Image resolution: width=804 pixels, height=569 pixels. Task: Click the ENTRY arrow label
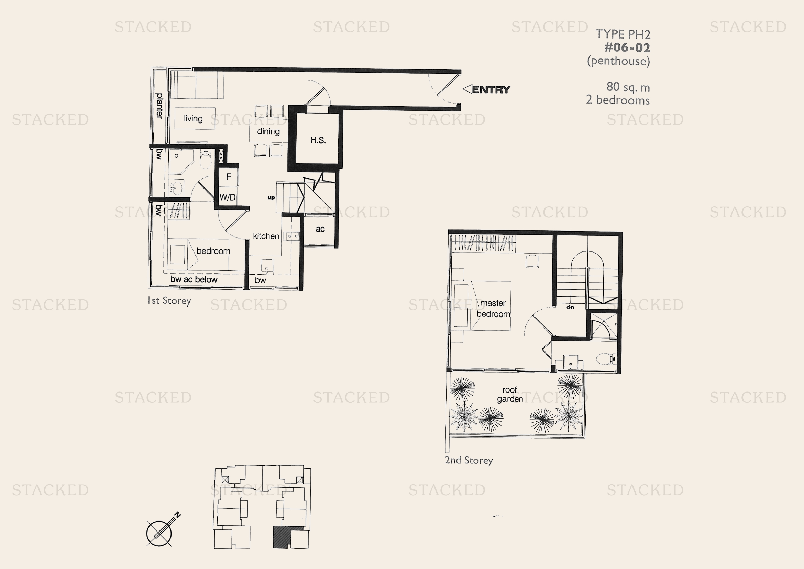(x=487, y=90)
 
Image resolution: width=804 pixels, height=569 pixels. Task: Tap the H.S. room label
(x=318, y=140)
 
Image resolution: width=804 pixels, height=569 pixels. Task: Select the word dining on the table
(x=268, y=131)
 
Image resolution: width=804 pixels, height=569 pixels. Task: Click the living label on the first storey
(x=193, y=118)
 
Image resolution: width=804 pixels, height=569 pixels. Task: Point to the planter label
(x=159, y=106)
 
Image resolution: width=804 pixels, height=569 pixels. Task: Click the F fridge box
(x=229, y=176)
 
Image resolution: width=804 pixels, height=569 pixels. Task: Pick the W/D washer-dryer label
(x=228, y=197)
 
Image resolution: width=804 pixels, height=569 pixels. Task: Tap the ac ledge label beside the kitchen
(x=320, y=229)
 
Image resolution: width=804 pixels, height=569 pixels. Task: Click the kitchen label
(x=266, y=236)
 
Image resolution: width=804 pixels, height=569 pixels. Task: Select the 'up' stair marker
(x=271, y=197)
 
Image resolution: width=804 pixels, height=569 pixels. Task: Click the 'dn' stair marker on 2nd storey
(x=570, y=307)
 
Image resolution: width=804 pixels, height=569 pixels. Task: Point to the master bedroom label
(x=493, y=309)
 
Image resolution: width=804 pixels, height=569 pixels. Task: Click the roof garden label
(x=510, y=395)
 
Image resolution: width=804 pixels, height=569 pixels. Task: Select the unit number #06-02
(x=627, y=47)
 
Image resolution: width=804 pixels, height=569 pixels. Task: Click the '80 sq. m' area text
(x=628, y=87)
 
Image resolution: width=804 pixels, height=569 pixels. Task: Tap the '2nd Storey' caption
(x=469, y=460)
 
